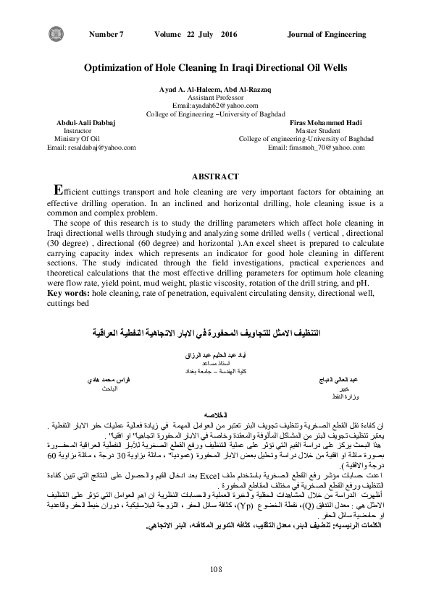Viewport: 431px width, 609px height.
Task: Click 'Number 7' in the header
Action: [106, 34]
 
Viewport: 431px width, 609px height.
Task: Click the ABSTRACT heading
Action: [214, 176]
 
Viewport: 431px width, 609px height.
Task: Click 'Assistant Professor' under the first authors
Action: [215, 96]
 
